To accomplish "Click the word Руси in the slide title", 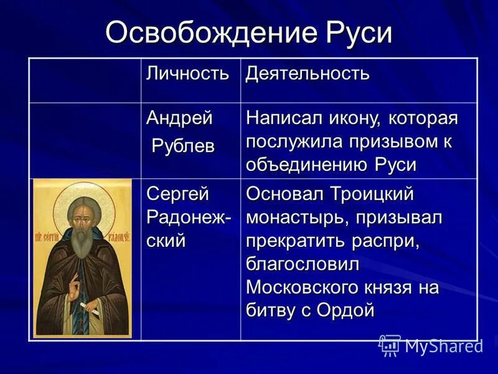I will click(x=358, y=32).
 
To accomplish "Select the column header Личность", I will click(x=187, y=74).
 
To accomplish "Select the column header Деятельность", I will click(x=308, y=74).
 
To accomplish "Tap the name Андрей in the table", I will click(x=179, y=117).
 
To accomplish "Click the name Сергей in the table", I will click(x=179, y=194).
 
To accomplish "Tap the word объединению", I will click(x=308, y=165).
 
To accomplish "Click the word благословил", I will click(x=303, y=264).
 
